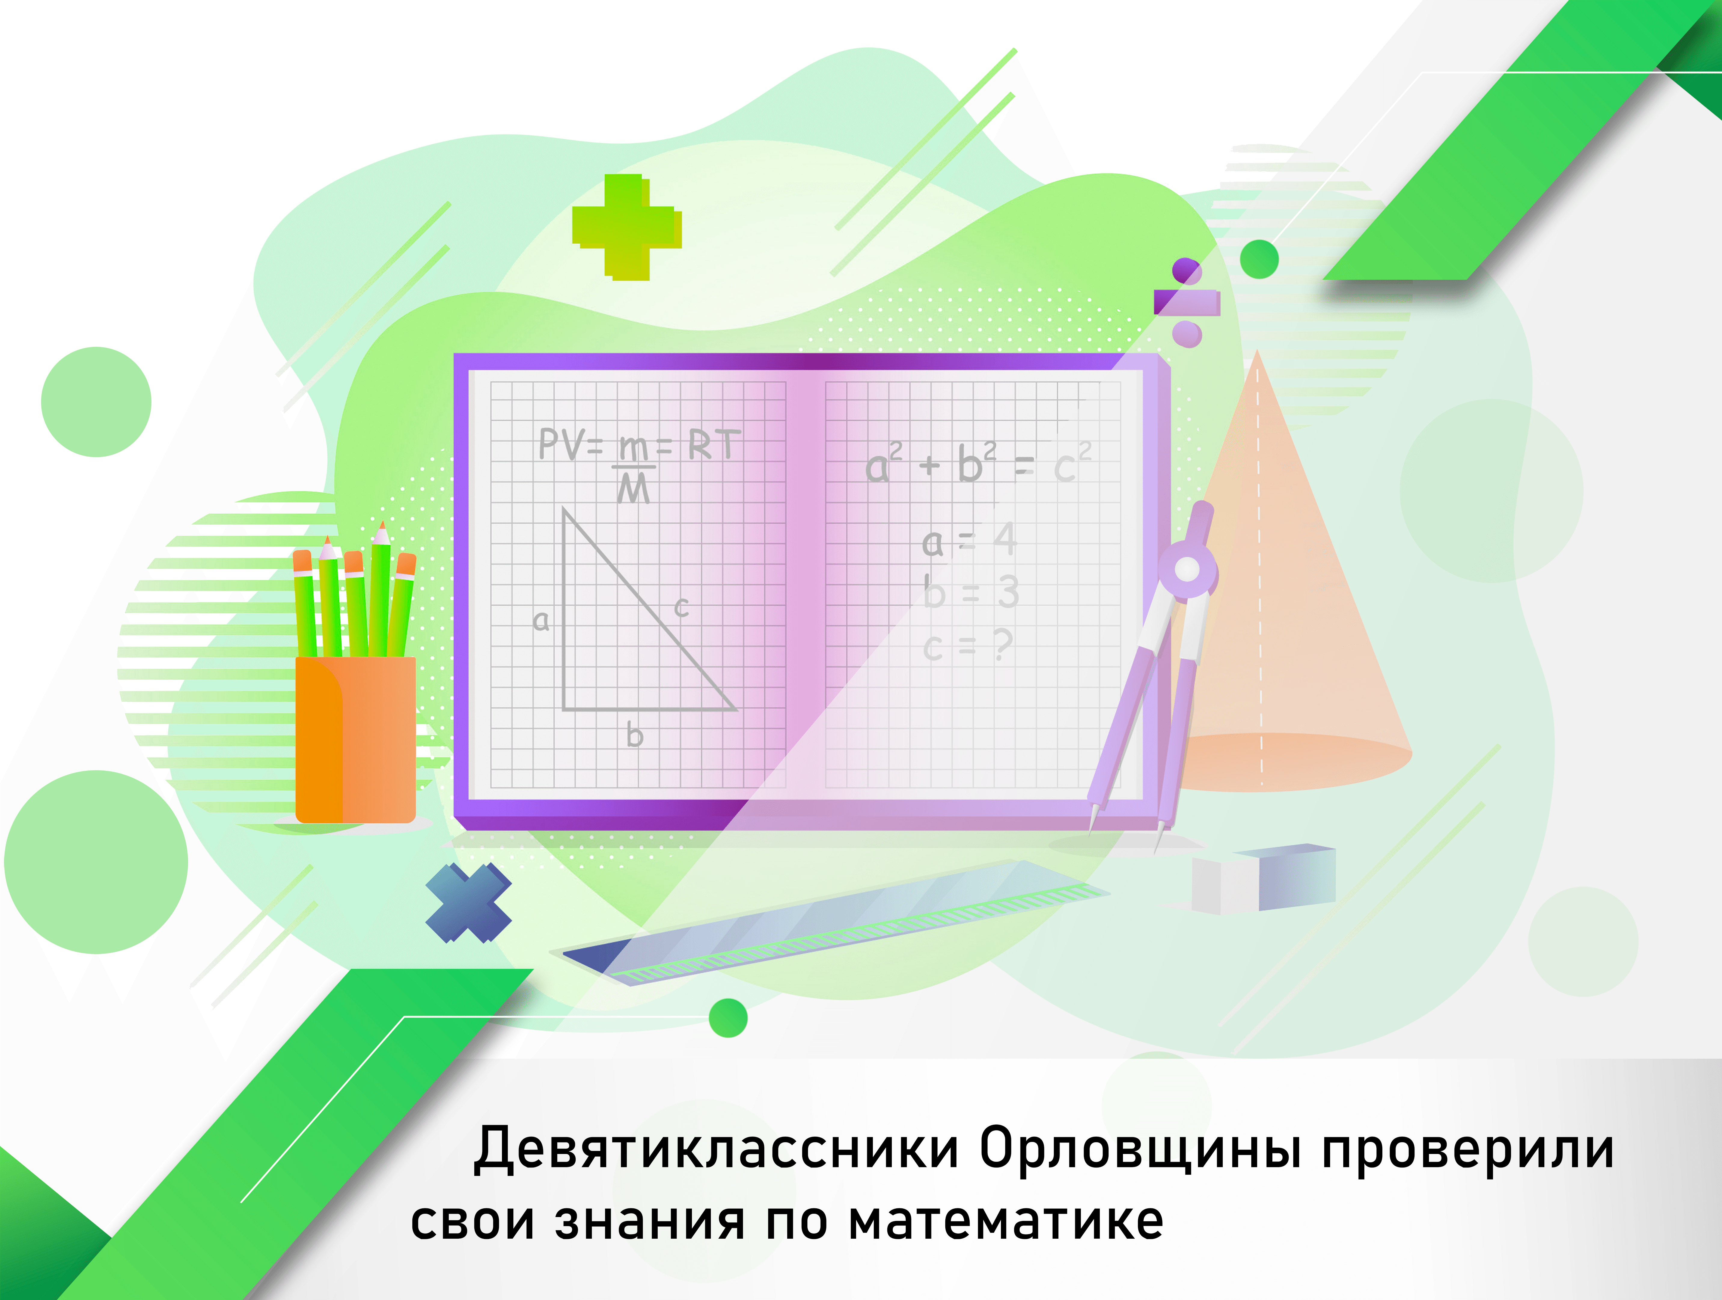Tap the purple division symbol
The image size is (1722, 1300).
[1186, 302]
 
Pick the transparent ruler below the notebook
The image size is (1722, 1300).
[829, 923]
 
